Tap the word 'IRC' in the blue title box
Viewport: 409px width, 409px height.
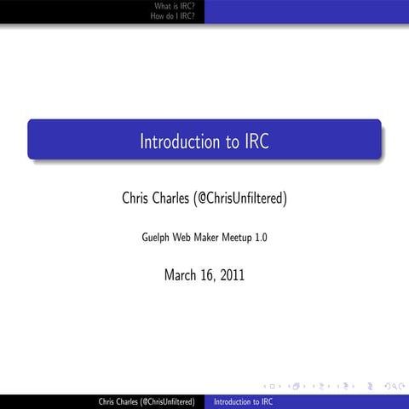coord(256,141)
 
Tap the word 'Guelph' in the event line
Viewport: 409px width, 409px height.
coord(158,238)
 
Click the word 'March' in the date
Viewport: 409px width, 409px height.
coord(181,274)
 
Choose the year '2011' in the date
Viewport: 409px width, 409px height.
coord(233,274)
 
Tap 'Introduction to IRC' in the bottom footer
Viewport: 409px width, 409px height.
coord(244,400)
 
